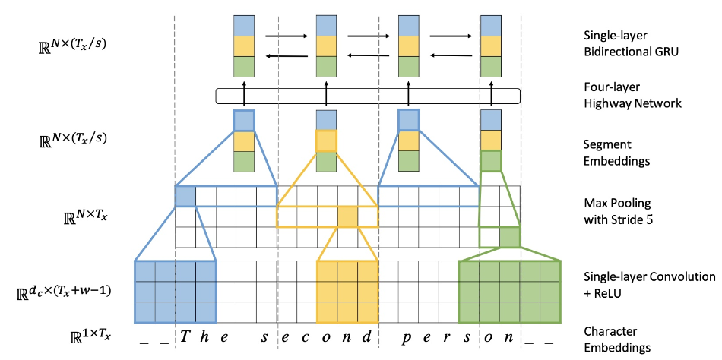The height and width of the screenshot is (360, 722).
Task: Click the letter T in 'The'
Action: click(184, 337)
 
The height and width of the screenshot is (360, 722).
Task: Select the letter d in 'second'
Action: click(366, 337)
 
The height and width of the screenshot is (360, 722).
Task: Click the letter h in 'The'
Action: click(204, 337)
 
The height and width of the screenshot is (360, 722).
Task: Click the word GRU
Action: click(667, 52)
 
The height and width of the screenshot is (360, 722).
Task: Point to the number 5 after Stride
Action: click(649, 219)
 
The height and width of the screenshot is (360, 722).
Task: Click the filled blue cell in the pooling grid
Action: click(185, 196)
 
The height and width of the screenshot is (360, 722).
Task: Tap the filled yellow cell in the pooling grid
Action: click(347, 216)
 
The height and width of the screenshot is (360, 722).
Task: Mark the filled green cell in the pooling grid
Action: click(510, 237)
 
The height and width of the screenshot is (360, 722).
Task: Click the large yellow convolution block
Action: click(347, 292)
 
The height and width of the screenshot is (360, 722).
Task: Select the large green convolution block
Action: click(510, 292)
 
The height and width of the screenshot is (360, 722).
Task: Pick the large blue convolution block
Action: click(176, 292)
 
